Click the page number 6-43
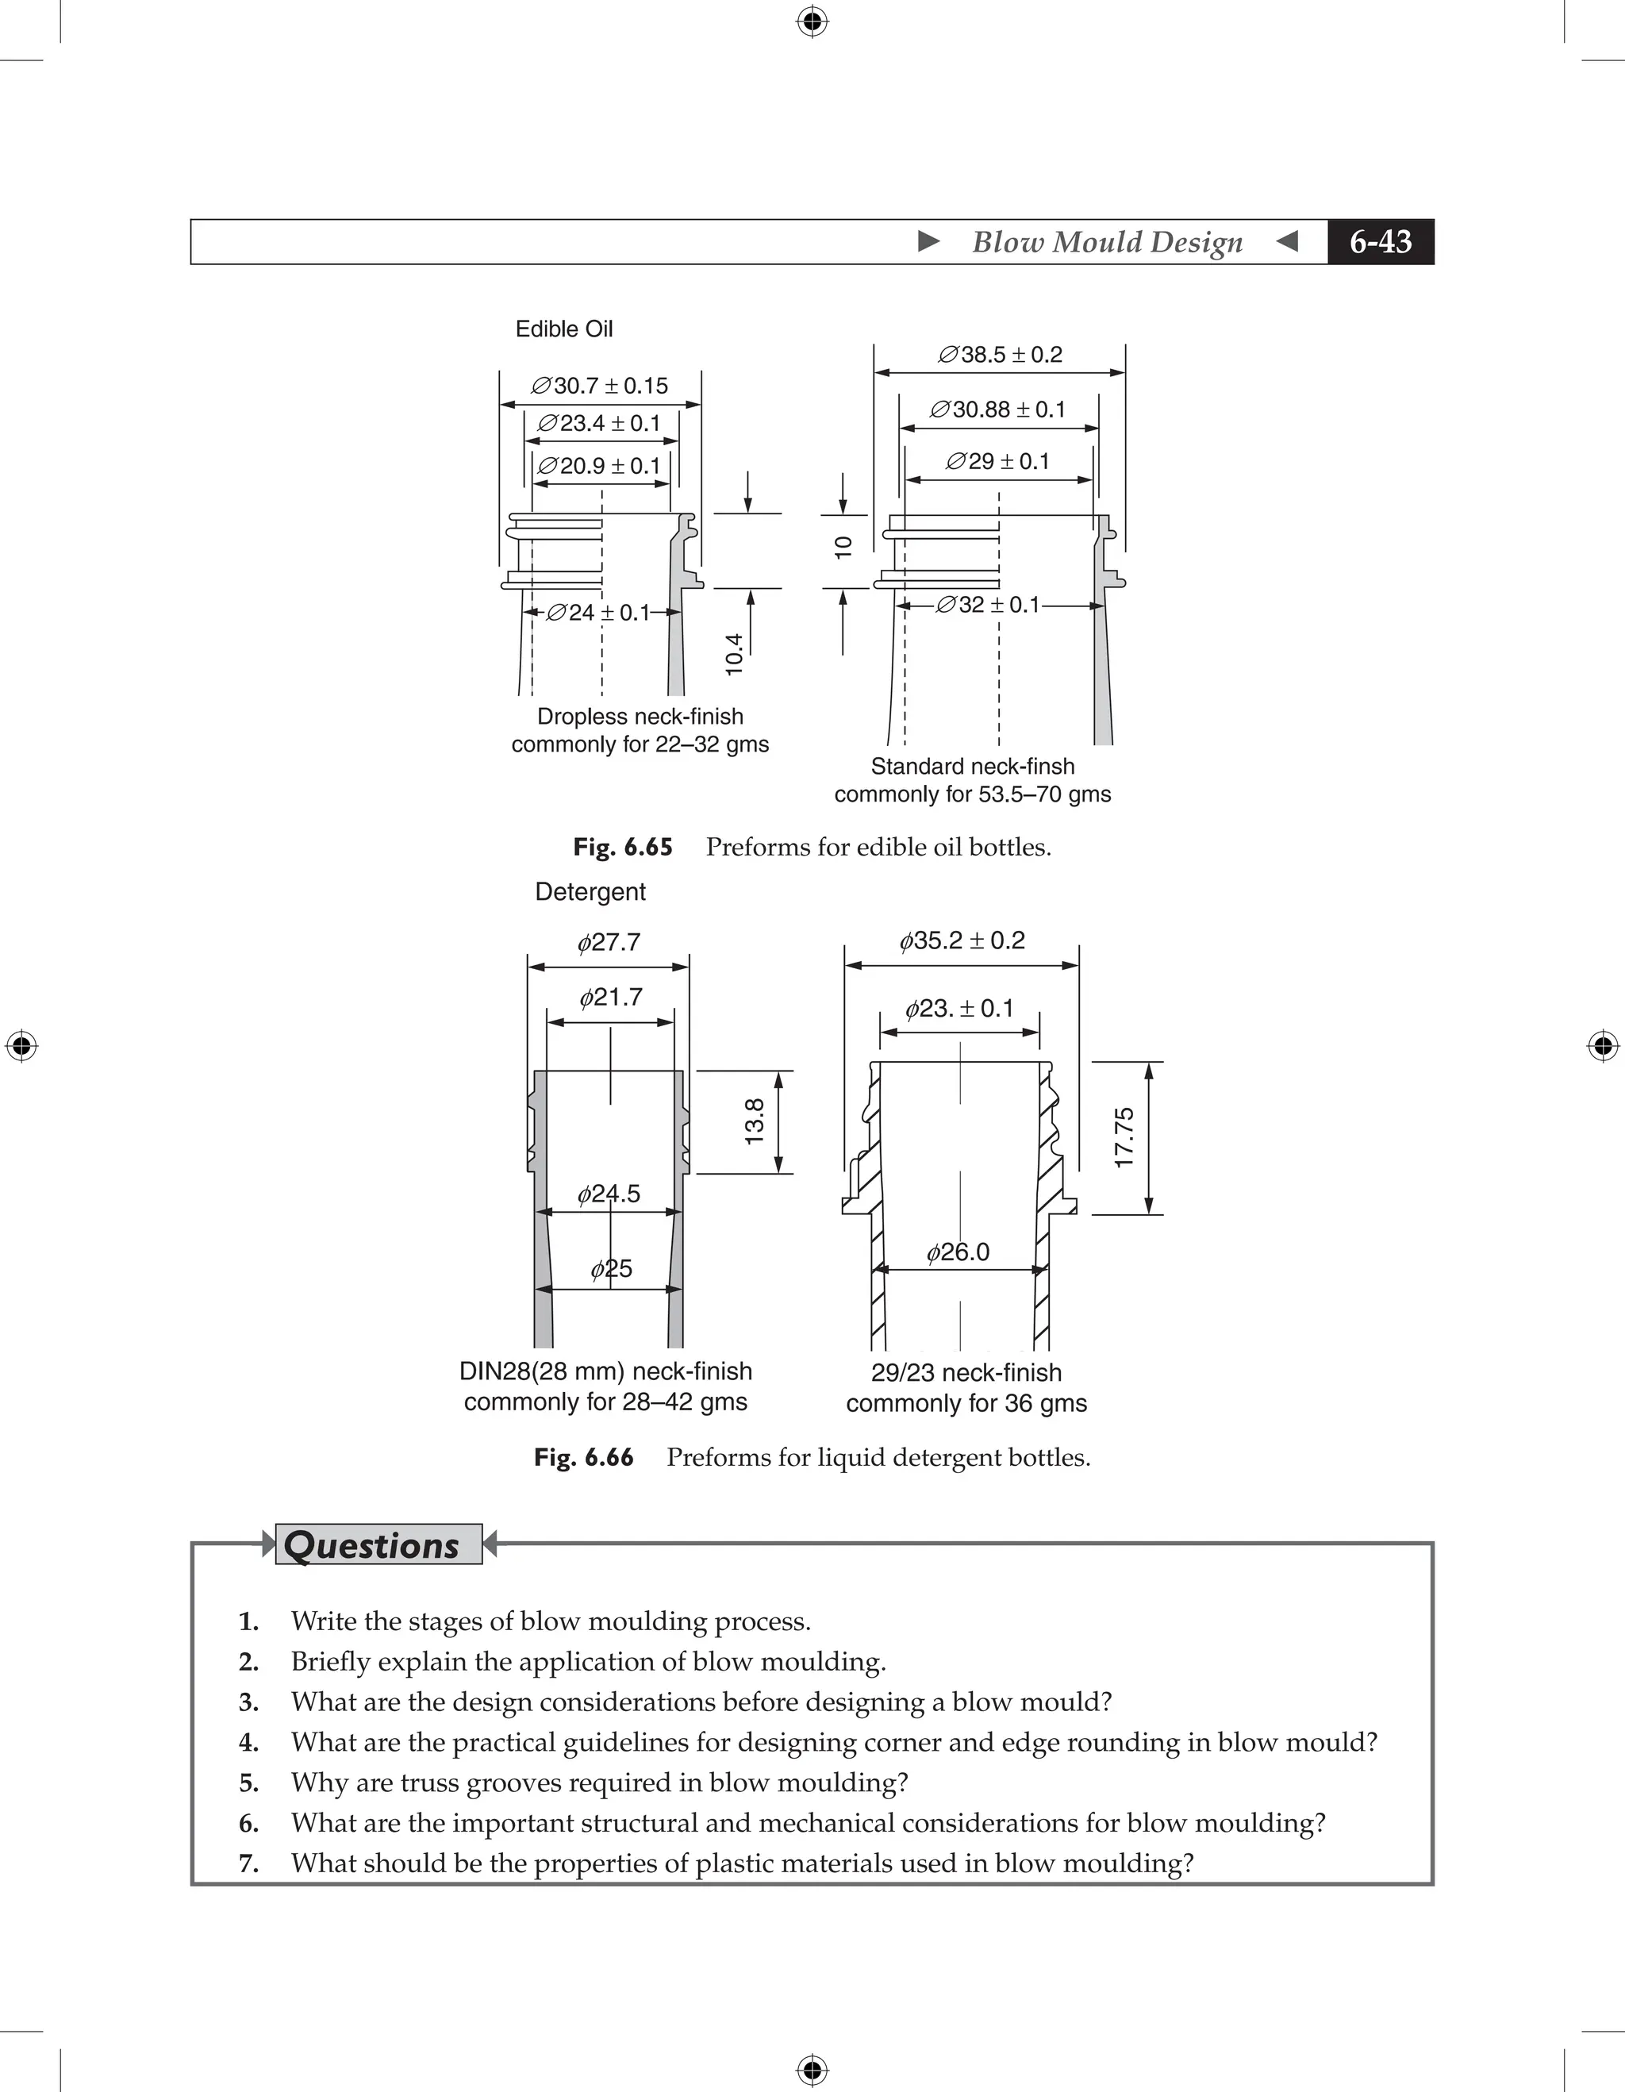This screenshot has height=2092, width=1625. coord(1380,241)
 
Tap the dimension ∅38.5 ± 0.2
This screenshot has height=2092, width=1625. coord(1000,355)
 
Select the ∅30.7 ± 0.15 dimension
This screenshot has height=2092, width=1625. coord(599,385)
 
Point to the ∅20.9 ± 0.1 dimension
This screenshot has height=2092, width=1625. coord(599,466)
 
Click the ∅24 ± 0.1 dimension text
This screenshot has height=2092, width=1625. coord(598,612)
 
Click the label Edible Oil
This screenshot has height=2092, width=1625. coord(564,329)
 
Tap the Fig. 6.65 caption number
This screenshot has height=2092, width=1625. coord(622,847)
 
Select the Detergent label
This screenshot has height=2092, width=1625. coord(590,892)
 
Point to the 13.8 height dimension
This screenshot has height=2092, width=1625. coord(755,1121)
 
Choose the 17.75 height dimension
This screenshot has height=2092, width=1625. coord(1124,1137)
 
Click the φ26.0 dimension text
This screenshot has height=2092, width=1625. coord(958,1252)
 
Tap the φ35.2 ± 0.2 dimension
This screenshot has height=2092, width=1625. coord(962,940)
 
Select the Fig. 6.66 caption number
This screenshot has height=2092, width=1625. coord(583,1457)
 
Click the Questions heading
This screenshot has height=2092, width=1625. coord(371,1545)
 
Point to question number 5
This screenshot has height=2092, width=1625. coord(249,1782)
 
